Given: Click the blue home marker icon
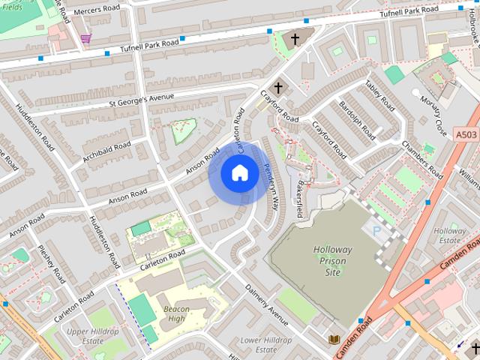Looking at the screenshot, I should point(239,173).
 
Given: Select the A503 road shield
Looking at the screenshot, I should point(466,134).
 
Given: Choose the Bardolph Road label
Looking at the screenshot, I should point(357,121).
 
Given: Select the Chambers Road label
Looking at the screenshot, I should point(422,159).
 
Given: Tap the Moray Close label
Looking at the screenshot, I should point(433,110).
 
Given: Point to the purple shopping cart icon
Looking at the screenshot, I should point(86,38).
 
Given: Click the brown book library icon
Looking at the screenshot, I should point(334,340).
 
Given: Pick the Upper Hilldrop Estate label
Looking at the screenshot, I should point(94,335).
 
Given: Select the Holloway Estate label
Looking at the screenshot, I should point(450,235).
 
